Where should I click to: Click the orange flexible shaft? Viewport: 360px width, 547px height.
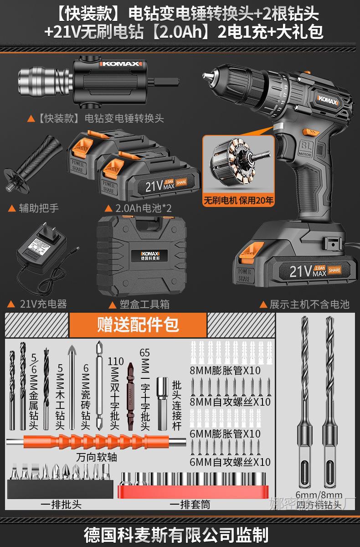pos(96,442)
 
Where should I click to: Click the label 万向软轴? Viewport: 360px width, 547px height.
pos(96,456)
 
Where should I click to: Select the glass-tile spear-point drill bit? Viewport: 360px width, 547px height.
pos(72,387)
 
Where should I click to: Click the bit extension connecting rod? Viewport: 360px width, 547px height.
pos(162,403)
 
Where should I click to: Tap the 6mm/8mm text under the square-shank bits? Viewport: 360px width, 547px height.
pos(319,495)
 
